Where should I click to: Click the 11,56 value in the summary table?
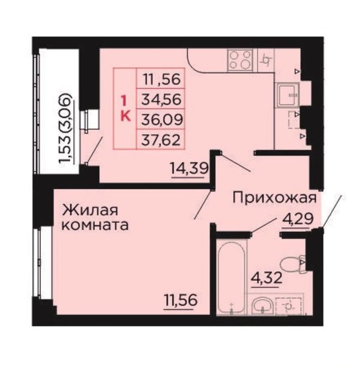click(x=162, y=79)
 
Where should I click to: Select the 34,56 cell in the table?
click(x=161, y=99)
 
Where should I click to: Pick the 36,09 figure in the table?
click(x=162, y=119)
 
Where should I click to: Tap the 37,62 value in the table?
click(x=161, y=140)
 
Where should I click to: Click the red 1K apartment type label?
click(x=125, y=109)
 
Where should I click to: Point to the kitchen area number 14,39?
click(x=190, y=168)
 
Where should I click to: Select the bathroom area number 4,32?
click(x=266, y=278)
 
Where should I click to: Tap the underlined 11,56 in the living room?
click(x=180, y=300)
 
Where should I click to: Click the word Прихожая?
click(x=275, y=198)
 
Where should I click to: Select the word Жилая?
click(x=90, y=210)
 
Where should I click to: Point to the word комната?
click(x=95, y=225)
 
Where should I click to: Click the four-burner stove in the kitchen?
click(x=240, y=61)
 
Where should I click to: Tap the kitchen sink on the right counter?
click(x=288, y=95)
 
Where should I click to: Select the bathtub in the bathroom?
click(x=232, y=278)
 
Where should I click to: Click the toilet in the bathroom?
click(x=293, y=265)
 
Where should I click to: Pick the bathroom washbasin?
click(x=262, y=306)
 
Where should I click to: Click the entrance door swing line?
click(x=332, y=211)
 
